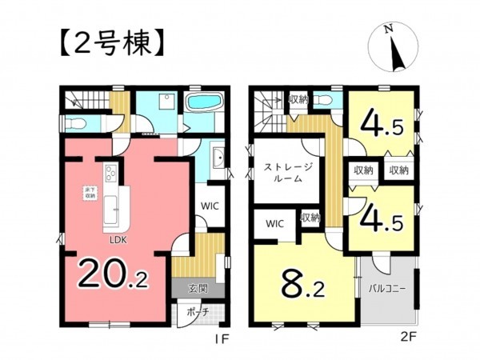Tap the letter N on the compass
[x=388, y=30]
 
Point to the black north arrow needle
[x=394, y=54]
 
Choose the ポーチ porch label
[x=194, y=312]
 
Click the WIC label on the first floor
[x=207, y=205]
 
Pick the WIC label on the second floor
[x=274, y=223]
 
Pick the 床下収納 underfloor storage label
[x=90, y=192]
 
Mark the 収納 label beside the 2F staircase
[x=298, y=99]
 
